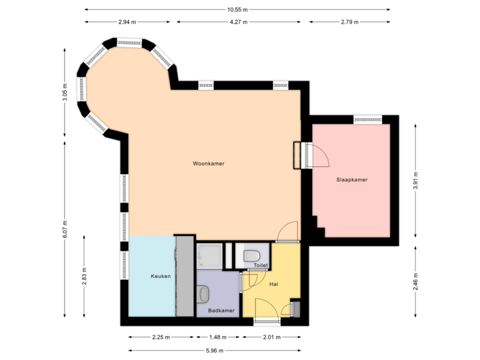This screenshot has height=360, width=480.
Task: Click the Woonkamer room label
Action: coord(208,163)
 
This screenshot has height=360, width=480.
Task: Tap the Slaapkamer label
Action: coord(351,180)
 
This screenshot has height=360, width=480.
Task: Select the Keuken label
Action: coord(161,276)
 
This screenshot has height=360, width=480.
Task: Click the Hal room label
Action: coord(273,285)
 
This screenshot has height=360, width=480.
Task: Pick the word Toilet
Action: coord(261,265)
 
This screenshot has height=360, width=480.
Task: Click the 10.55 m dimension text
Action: coord(237,9)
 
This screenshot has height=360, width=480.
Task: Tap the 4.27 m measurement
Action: coord(238,22)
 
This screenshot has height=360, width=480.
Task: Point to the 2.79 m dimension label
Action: coord(349,22)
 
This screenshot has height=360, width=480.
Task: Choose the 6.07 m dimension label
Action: coord(65,230)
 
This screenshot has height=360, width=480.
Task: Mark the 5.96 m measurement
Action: coord(214,350)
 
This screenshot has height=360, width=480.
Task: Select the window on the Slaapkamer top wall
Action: coord(368,119)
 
